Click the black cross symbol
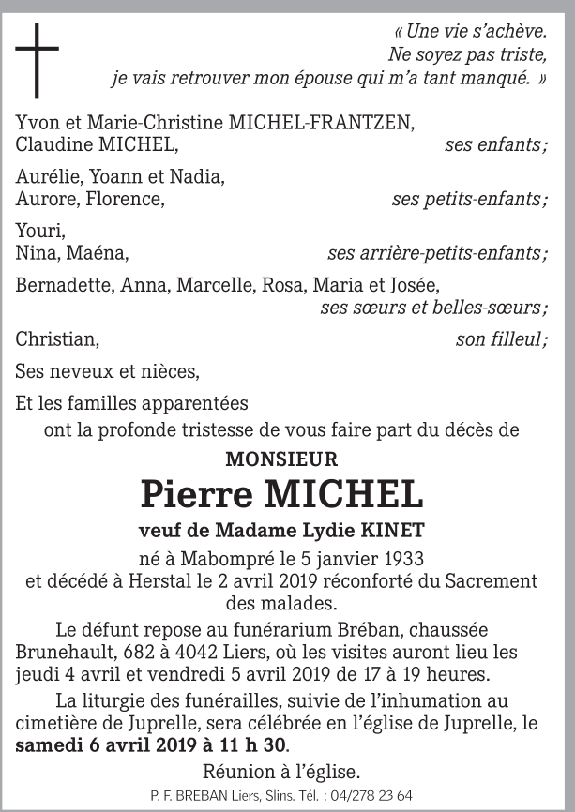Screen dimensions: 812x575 pos(37,60)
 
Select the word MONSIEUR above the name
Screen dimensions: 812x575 pos(281,459)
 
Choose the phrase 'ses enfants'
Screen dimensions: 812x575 pos(496,144)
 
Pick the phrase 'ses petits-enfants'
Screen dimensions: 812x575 pos(470,199)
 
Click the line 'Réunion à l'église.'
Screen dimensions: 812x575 pos(280,773)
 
